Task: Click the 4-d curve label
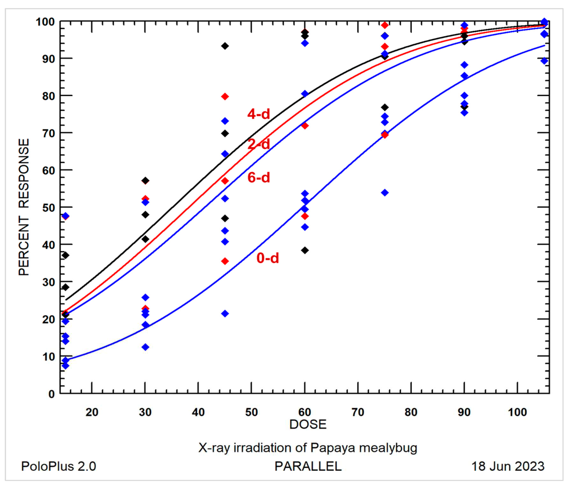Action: pos(258,114)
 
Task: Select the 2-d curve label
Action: pos(258,144)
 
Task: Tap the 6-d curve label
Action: pos(258,177)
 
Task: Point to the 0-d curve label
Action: pos(268,258)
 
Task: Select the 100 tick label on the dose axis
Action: pos(517,412)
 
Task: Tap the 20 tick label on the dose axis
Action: pos(92,412)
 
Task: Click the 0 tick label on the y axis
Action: pos(52,394)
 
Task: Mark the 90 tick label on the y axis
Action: pos(49,59)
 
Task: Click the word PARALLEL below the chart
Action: pos(308,467)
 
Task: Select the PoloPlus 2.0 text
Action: pos(59,467)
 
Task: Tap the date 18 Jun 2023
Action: pos(508,467)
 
